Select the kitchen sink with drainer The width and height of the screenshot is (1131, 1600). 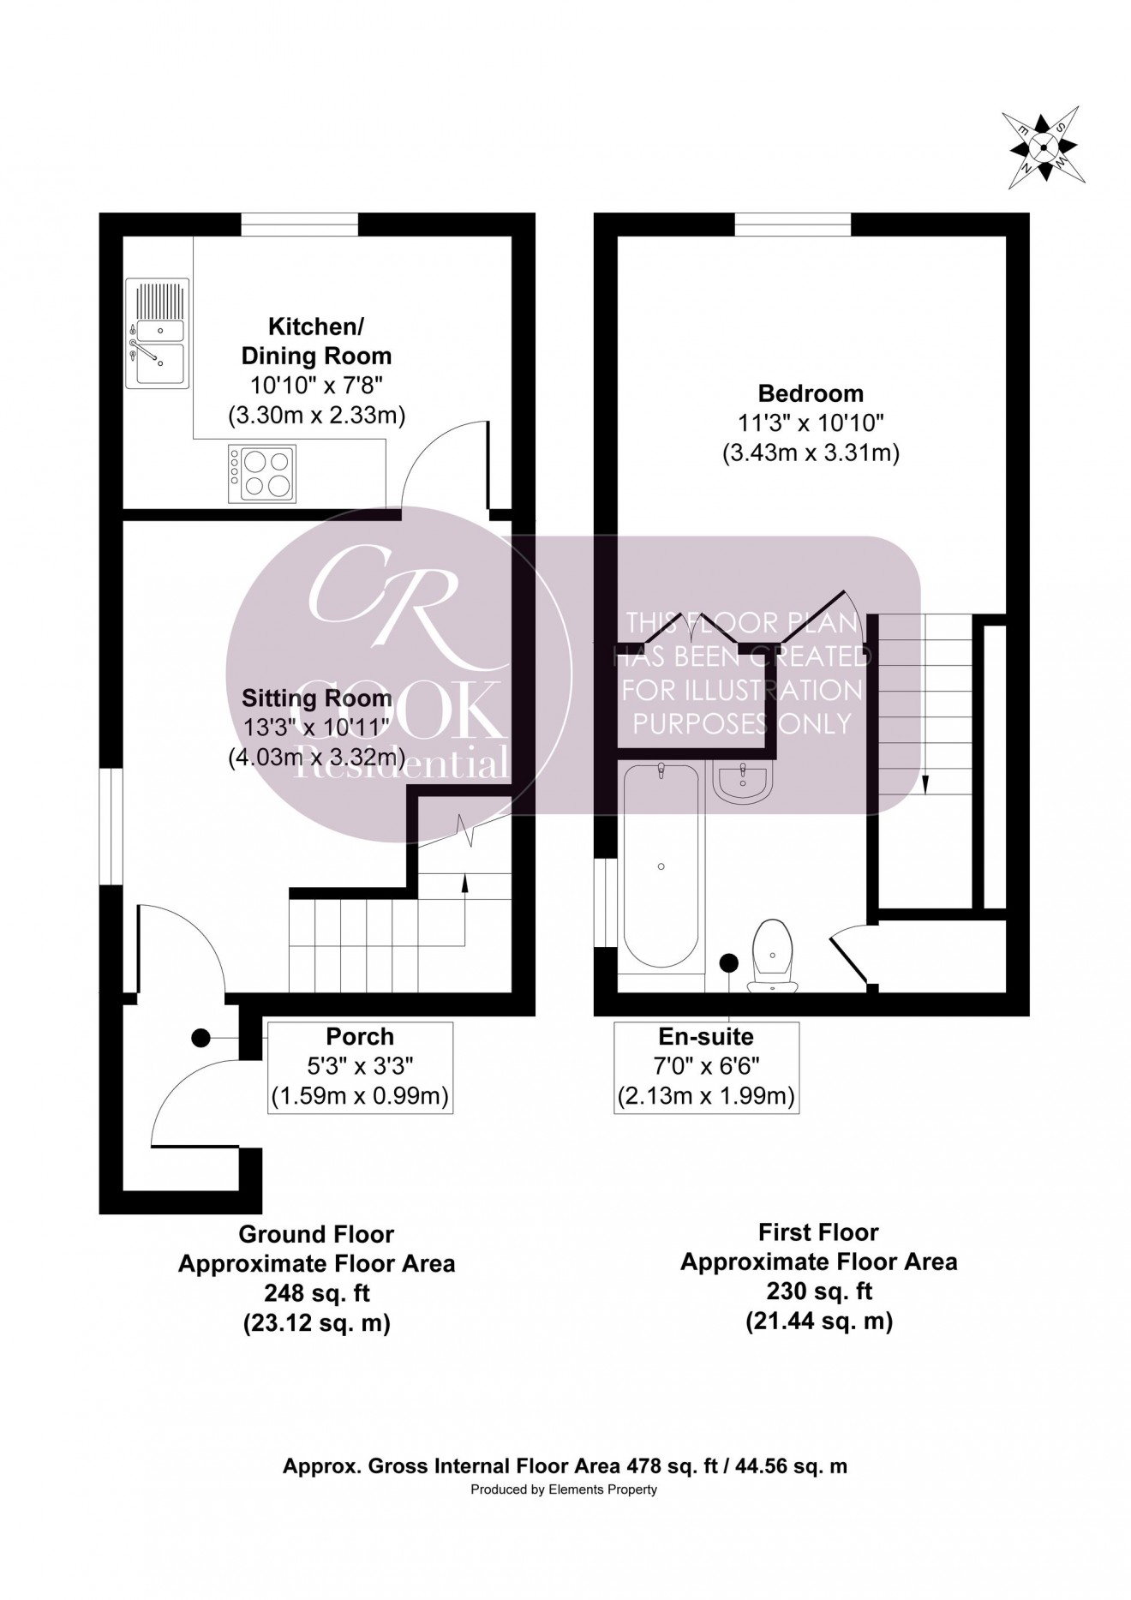(157, 333)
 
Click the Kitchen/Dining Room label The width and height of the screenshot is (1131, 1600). (316, 341)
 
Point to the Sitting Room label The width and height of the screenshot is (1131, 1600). (316, 698)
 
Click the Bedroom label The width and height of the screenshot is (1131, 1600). (811, 394)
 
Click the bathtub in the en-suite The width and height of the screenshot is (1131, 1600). (661, 866)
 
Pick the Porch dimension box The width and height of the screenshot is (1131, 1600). (360, 1067)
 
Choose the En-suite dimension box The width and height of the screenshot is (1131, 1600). (706, 1067)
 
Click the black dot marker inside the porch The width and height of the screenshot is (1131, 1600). (200, 1038)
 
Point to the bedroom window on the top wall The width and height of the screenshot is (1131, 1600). (793, 225)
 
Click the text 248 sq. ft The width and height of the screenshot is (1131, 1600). (316, 1293)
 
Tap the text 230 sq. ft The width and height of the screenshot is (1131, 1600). (818, 1291)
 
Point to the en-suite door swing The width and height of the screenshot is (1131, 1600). (850, 956)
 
